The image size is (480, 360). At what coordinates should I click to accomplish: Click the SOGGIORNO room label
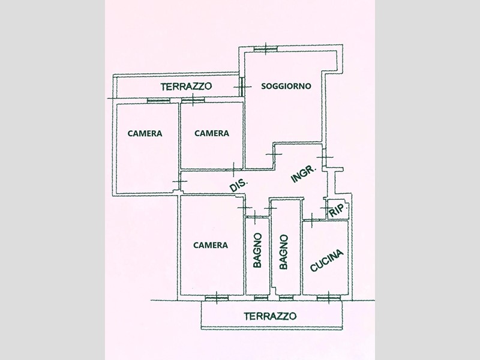[x=286, y=86]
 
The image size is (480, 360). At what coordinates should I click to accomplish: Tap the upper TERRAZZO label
[x=187, y=87]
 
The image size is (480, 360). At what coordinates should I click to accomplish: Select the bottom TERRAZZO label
[x=270, y=316]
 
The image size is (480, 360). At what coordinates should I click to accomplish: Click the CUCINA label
[x=327, y=261]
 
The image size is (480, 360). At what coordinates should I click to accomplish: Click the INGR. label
[x=304, y=174]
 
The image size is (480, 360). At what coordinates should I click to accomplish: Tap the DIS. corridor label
[x=238, y=186]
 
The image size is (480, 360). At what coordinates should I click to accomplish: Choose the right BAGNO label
[x=284, y=251]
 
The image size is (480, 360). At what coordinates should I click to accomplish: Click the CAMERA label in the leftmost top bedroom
[x=145, y=133]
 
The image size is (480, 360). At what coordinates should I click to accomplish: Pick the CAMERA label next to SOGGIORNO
[x=212, y=133]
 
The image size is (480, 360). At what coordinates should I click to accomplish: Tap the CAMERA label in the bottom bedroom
[x=211, y=245]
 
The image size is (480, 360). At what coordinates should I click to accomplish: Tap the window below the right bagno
[x=286, y=297]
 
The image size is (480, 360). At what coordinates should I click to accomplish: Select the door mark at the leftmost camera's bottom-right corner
[x=178, y=181]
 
